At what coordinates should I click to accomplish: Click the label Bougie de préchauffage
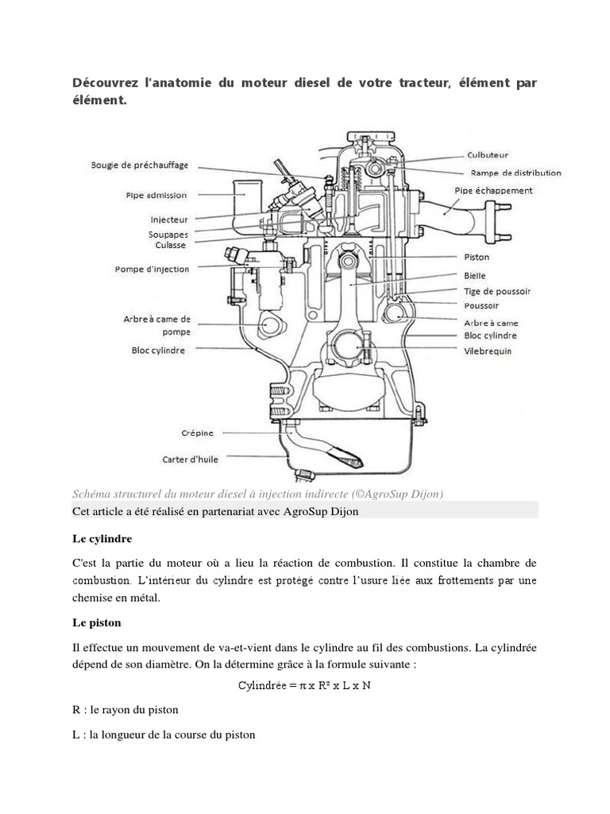[x=138, y=165]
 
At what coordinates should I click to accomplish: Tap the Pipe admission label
[x=156, y=195]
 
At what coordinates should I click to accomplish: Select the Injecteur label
[x=168, y=219]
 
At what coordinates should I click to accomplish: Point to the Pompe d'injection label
[x=152, y=269]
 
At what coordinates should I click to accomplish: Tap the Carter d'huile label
[x=190, y=459]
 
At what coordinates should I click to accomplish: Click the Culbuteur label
[x=488, y=156]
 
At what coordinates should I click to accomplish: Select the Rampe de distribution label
[x=515, y=172]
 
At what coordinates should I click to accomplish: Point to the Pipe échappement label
[x=493, y=191]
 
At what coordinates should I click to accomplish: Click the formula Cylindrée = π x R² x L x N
[x=305, y=685]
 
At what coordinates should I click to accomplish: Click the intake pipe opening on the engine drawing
[x=247, y=189]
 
